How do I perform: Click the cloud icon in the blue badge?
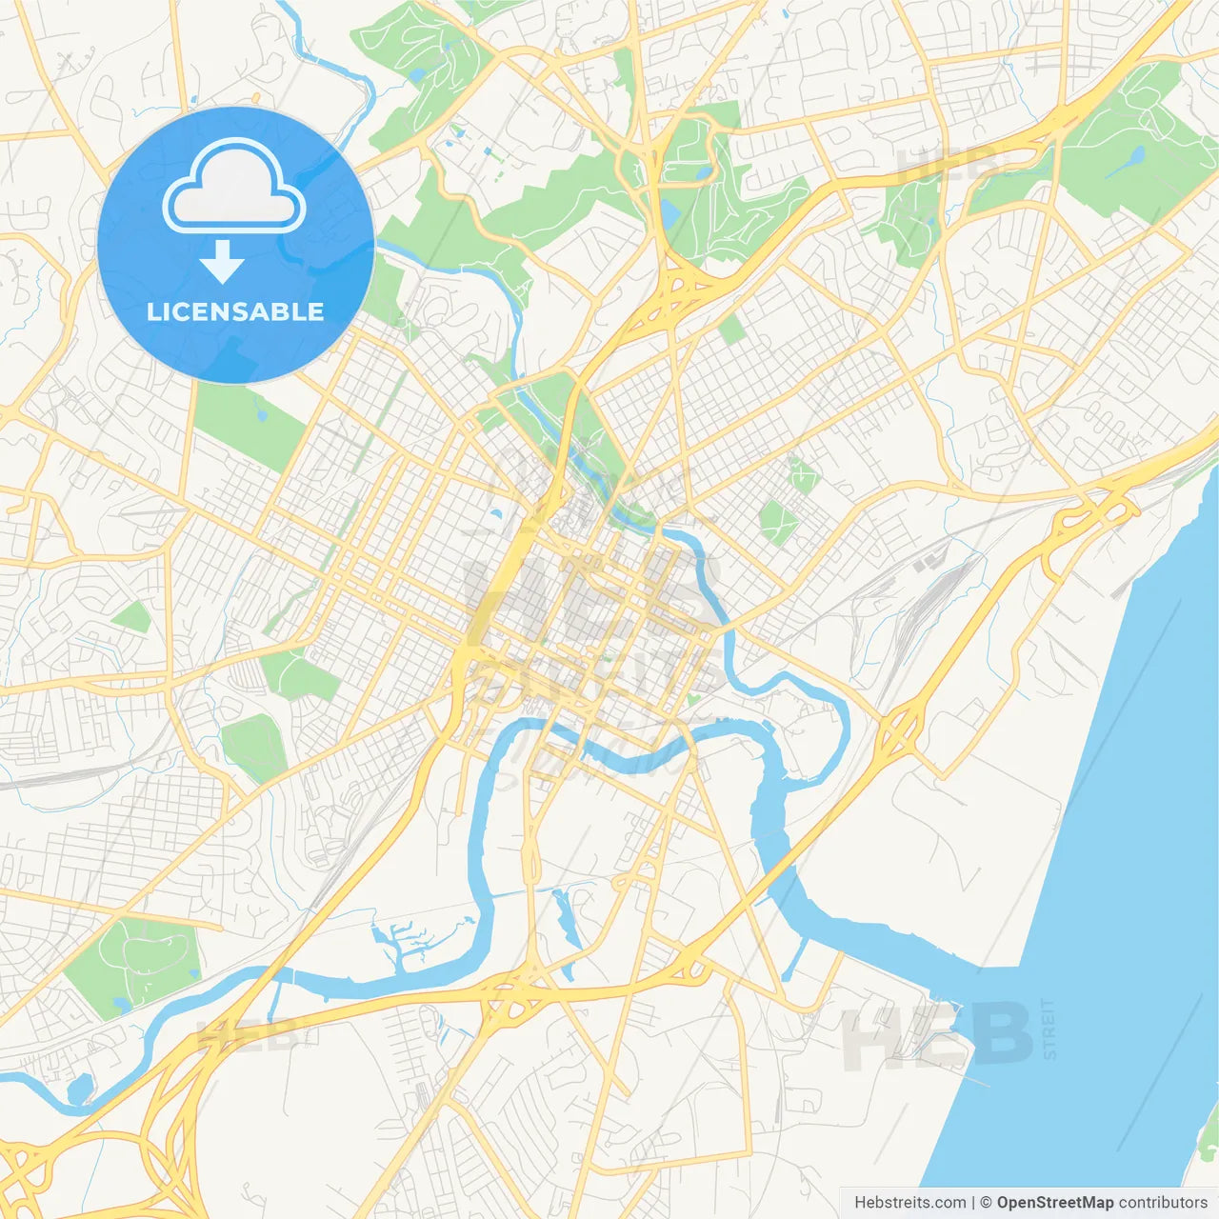[x=234, y=187]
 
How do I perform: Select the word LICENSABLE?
[x=235, y=311]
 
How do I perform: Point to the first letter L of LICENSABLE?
[x=153, y=311]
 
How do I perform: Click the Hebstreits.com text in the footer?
[x=909, y=1203]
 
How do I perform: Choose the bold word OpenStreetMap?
[x=1054, y=1203]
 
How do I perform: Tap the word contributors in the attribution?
[x=1163, y=1203]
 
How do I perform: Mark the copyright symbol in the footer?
[x=986, y=1203]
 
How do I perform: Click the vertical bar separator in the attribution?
[x=973, y=1203]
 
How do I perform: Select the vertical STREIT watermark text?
[x=1049, y=1029]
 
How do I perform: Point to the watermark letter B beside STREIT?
[x=1000, y=1034]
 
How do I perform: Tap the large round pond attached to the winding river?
[x=80, y=1087]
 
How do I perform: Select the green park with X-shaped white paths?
[x=779, y=521]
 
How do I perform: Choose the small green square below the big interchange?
[x=731, y=330]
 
